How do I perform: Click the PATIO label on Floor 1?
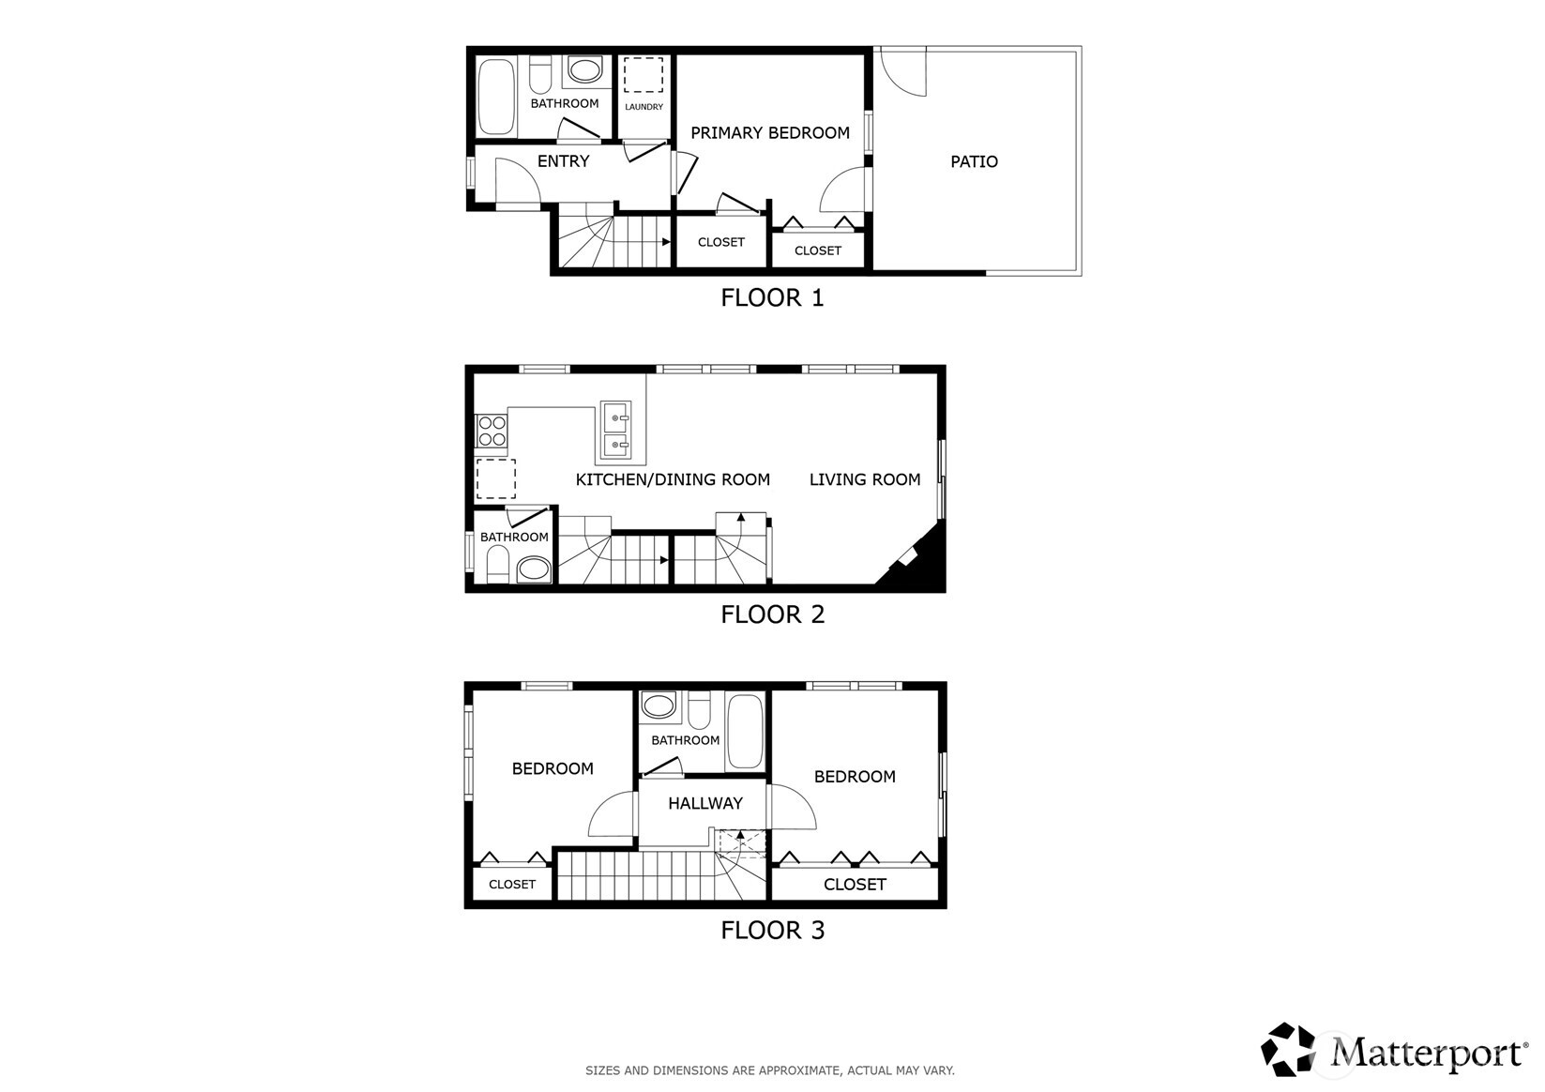click(x=974, y=161)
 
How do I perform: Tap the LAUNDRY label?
click(x=644, y=107)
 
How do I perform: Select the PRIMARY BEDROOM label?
click(x=770, y=133)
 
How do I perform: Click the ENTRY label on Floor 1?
click(x=563, y=161)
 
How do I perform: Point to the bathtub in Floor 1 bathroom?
click(x=495, y=98)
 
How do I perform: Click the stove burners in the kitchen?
click(x=492, y=431)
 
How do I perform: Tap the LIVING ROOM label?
click(x=865, y=479)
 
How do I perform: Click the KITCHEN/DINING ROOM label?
click(x=673, y=479)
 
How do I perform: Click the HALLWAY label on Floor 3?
click(x=705, y=803)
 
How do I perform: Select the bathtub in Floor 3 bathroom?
click(x=746, y=733)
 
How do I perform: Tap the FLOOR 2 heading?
click(x=772, y=614)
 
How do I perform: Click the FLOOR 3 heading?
click(x=772, y=931)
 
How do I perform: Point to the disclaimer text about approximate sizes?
click(x=770, y=1070)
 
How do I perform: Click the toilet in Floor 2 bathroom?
click(x=497, y=567)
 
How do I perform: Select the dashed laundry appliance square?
click(x=644, y=75)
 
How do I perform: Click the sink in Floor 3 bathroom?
click(x=659, y=705)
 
